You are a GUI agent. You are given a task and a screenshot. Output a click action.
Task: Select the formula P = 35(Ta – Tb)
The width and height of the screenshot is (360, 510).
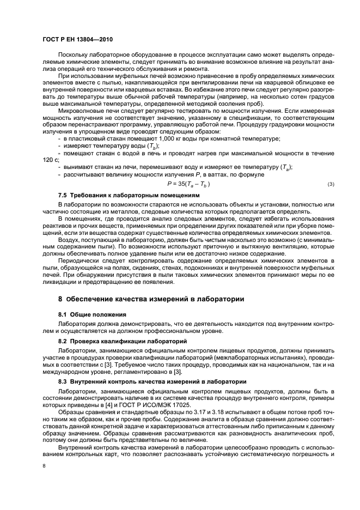(x=188, y=184)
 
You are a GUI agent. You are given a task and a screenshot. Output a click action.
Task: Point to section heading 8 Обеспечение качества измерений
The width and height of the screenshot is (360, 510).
(x=147, y=299)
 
